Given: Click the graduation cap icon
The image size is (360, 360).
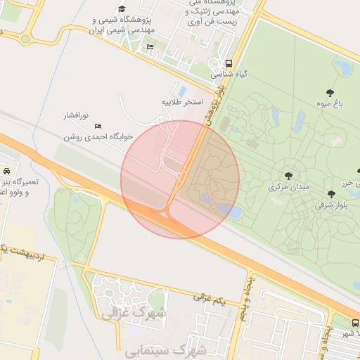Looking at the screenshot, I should pos(122,9).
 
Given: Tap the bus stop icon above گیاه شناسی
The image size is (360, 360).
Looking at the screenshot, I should pos(229,62).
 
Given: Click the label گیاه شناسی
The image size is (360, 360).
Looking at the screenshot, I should pos(227,73).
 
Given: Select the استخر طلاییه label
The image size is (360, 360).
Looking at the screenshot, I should pos(183,102).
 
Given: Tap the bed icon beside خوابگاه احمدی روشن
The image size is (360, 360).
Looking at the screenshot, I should pos(98,126).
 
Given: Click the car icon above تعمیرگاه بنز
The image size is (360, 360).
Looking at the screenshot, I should pos(6,171).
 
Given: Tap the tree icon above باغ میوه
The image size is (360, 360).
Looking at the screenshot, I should pos(330,93).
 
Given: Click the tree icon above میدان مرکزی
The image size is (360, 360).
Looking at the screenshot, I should pos(288,176).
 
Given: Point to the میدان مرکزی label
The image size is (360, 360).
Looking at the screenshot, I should pos(287,188).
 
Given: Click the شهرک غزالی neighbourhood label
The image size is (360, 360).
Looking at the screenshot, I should pos(135,311).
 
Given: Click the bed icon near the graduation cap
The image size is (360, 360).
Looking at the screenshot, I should pos(150,46).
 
